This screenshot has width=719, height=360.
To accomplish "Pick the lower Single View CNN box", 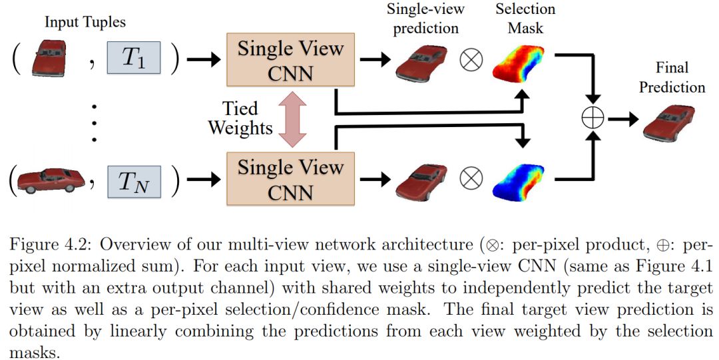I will [x=290, y=178].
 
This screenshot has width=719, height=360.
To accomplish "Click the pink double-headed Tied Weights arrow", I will [x=290, y=120].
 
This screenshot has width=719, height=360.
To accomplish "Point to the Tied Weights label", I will [x=240, y=118].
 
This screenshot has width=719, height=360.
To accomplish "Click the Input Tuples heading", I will [x=85, y=21].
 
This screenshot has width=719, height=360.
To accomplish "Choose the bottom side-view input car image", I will [x=51, y=180].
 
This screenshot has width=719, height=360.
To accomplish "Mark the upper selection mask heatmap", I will [x=519, y=62].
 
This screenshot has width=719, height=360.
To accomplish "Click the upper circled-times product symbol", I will [x=471, y=61].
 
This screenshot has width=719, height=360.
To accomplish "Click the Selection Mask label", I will [x=525, y=18].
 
